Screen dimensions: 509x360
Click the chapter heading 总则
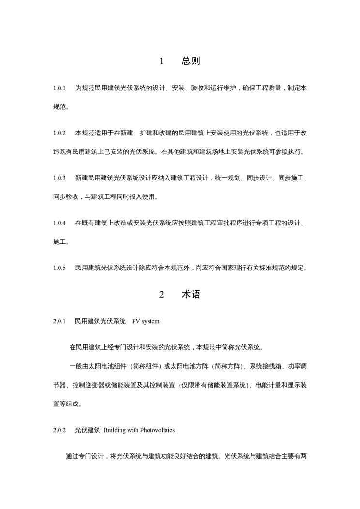coord(191,61)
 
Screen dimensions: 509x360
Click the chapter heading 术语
coord(191,294)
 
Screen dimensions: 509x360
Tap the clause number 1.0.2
coord(59,133)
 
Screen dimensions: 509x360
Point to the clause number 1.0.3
coord(59,178)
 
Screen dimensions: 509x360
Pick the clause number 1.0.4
coord(59,223)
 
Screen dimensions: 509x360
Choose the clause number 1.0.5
coord(59,268)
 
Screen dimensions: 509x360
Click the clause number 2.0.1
coord(59,321)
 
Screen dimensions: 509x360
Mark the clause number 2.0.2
coord(59,430)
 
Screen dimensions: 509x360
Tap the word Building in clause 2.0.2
coord(114,430)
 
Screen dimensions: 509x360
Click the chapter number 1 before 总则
coord(162,61)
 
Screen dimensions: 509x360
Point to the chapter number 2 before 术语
coord(162,295)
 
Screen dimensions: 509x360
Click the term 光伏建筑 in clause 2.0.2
coord(88,430)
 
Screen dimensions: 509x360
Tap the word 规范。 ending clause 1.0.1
coord(61,106)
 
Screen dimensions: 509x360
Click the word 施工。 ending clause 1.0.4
coord(61,241)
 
